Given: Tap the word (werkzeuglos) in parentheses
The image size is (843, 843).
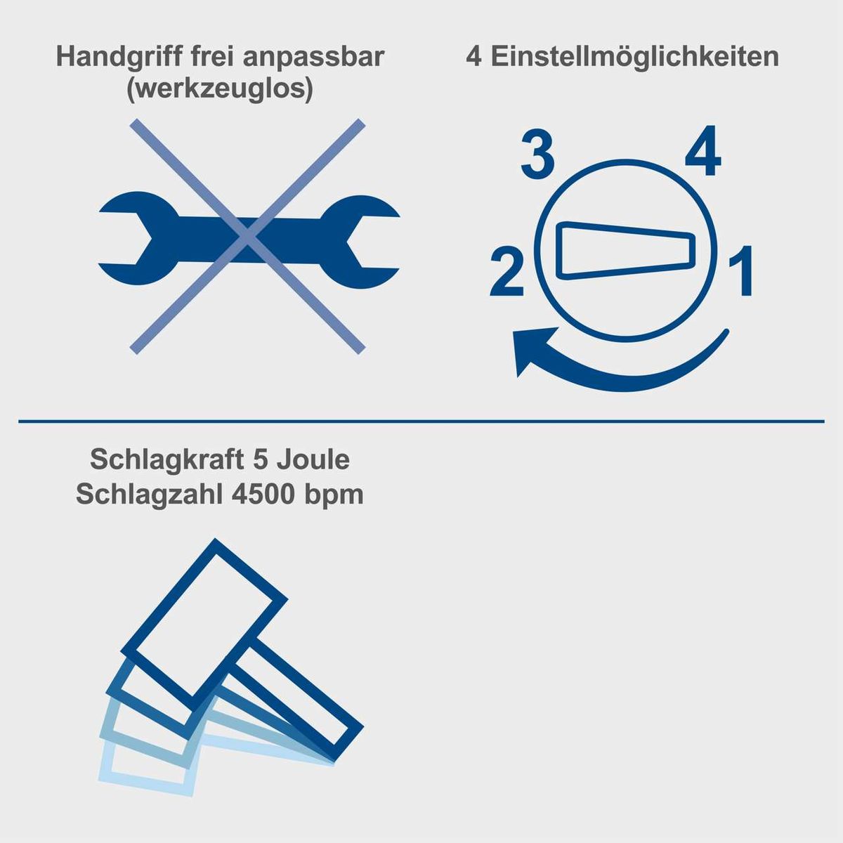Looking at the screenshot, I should click(x=220, y=91).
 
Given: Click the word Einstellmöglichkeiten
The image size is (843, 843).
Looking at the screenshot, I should click(x=633, y=57).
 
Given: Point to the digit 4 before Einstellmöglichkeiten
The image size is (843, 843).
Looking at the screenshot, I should click(x=474, y=57).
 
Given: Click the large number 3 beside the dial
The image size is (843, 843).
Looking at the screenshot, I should click(x=537, y=156).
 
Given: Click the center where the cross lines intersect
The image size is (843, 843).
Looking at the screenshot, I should click(x=247, y=237).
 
